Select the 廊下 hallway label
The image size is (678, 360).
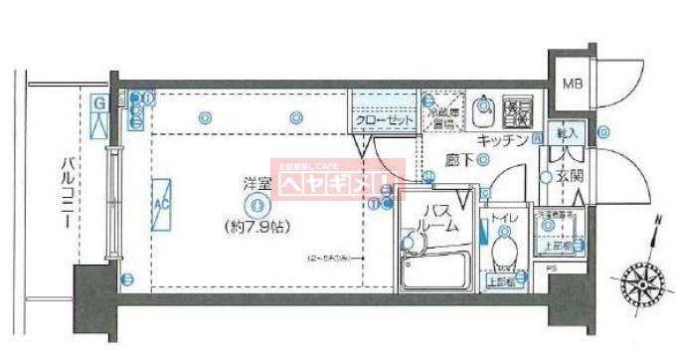coord(458,158)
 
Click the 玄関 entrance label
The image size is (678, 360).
coord(569,177)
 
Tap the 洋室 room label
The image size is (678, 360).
coord(256,183)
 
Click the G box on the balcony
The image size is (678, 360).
coord(99,102)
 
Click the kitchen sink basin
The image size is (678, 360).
coord(484,109)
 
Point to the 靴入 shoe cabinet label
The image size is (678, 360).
coord(568,132)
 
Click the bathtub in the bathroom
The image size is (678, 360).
coord(437,271)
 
